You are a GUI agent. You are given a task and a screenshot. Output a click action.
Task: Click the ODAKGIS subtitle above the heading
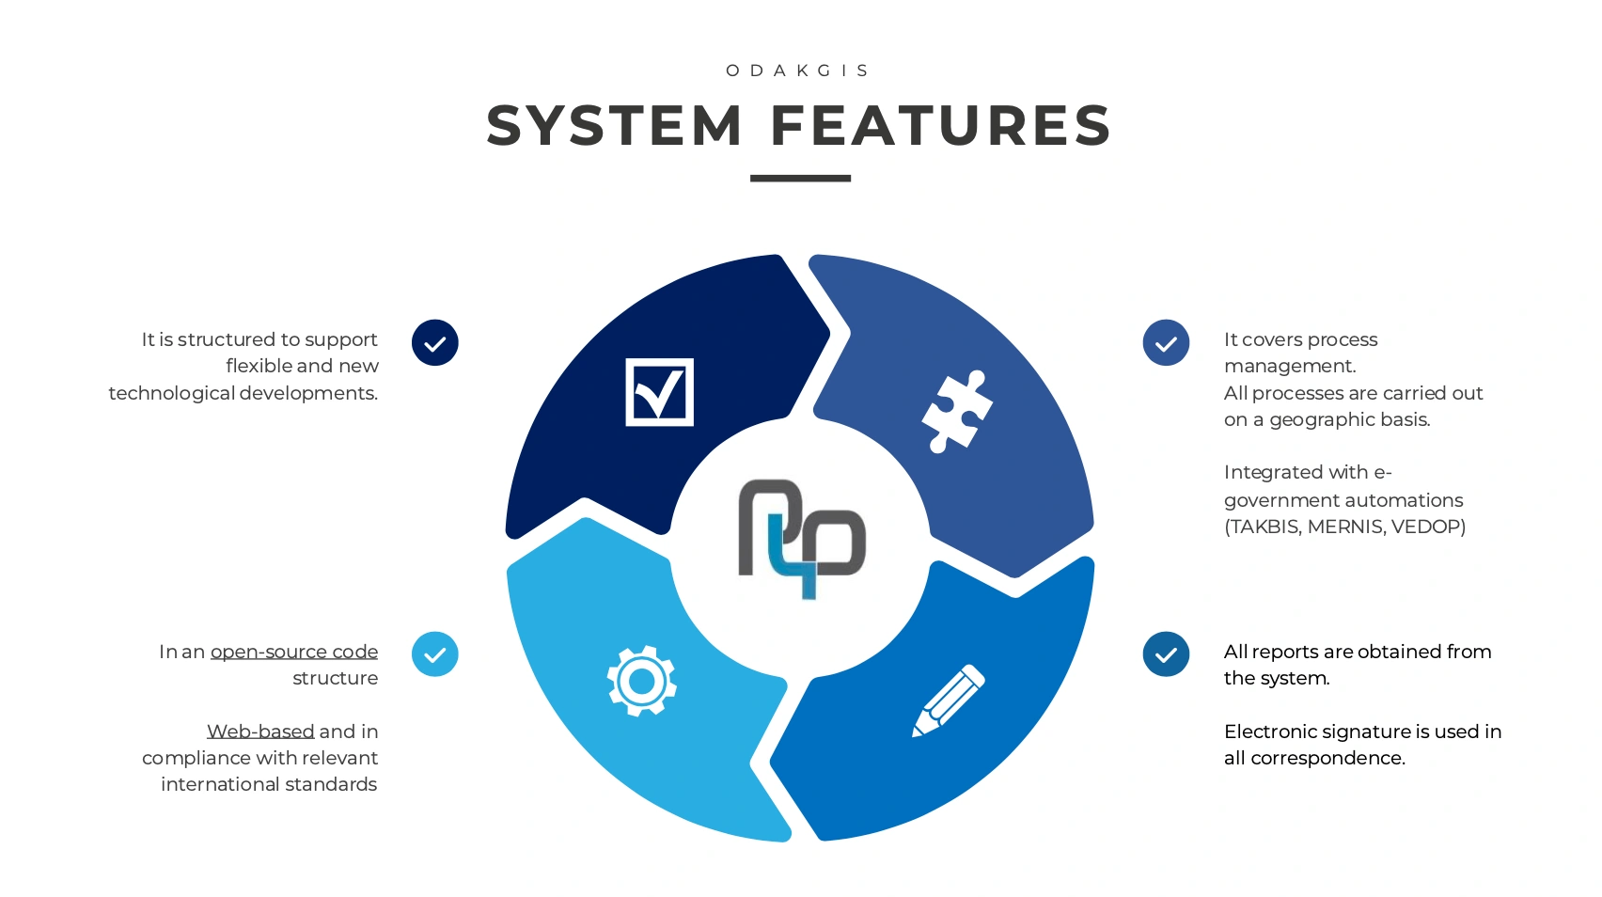click(799, 71)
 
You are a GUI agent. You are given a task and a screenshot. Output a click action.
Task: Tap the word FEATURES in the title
click(941, 126)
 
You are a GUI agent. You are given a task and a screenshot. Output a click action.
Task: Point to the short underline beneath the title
click(800, 178)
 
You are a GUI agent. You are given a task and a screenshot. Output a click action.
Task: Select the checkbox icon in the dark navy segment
click(660, 392)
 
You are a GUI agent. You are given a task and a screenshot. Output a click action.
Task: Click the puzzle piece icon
click(957, 411)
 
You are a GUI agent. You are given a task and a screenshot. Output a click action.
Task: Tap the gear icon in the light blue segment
click(642, 681)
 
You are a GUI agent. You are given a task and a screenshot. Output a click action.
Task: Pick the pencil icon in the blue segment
click(949, 701)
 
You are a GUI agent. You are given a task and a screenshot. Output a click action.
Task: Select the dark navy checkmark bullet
click(435, 342)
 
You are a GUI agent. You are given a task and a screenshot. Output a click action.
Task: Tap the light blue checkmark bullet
click(435, 654)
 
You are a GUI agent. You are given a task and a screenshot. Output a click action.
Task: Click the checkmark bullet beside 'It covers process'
click(1166, 342)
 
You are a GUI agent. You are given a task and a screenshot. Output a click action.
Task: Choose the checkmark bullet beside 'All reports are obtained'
click(1166, 654)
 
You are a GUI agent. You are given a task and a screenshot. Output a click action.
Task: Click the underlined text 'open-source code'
click(294, 652)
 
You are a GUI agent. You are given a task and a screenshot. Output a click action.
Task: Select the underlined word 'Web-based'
click(260, 732)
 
